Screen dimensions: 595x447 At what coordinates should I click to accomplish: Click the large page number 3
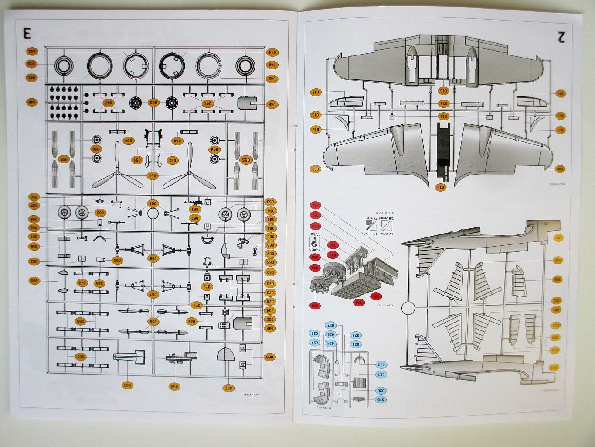(27, 33)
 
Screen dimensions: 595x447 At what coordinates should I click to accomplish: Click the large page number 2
(561, 37)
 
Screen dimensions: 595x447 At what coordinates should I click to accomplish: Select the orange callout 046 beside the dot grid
(32, 102)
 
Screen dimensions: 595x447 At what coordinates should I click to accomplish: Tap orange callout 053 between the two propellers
(153, 175)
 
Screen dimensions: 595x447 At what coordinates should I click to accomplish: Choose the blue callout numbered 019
(381, 399)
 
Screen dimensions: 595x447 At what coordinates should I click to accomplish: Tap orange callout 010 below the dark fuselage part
(442, 187)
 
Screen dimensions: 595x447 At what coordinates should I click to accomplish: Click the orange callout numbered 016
(443, 91)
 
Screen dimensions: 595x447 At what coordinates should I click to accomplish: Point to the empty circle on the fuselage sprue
(408, 308)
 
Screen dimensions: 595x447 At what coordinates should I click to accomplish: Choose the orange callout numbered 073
(206, 286)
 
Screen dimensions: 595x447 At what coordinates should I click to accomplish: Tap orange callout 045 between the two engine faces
(153, 103)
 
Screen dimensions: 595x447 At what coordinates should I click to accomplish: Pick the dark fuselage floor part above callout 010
(443, 151)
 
